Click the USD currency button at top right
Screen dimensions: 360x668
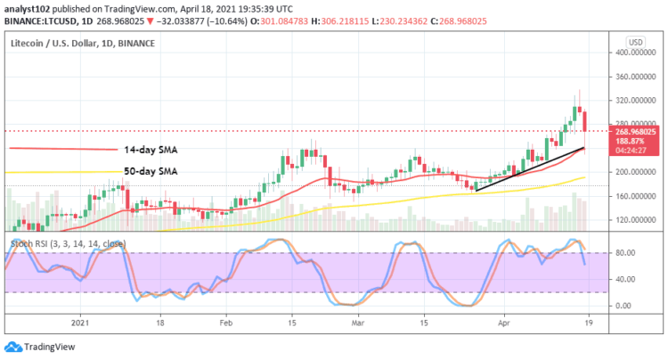click(634, 42)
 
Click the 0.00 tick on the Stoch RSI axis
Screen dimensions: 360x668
click(623, 306)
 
